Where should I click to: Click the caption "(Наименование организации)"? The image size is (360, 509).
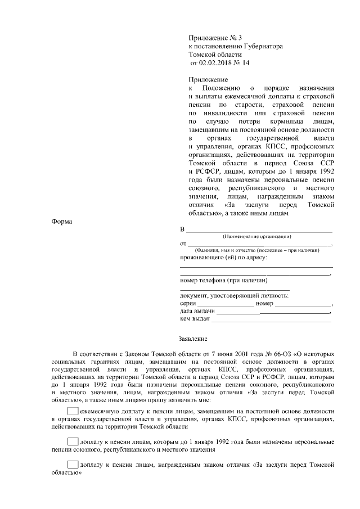pos(256,237)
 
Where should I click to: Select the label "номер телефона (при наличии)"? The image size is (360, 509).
pos(223,280)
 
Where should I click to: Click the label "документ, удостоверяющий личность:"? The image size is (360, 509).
pos(235,295)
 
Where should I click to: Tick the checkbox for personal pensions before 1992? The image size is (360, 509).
pos(73,440)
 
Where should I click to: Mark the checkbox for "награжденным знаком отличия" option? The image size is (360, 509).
pos(73,465)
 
